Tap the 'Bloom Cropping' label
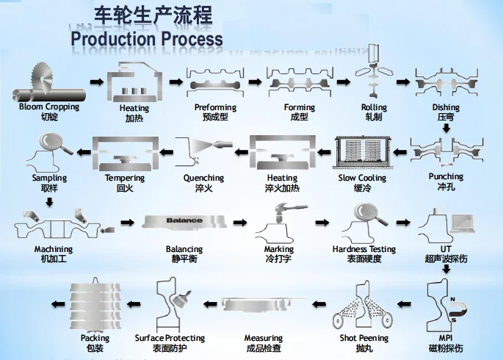coord(49,107)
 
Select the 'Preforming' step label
coord(215,108)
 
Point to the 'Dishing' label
coord(446,108)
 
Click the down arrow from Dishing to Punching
coord(446,128)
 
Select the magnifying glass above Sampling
coord(54,143)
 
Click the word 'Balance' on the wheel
coord(184,220)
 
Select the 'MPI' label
coord(446,339)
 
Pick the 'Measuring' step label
coord(263,339)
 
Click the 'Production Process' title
coord(146,38)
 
